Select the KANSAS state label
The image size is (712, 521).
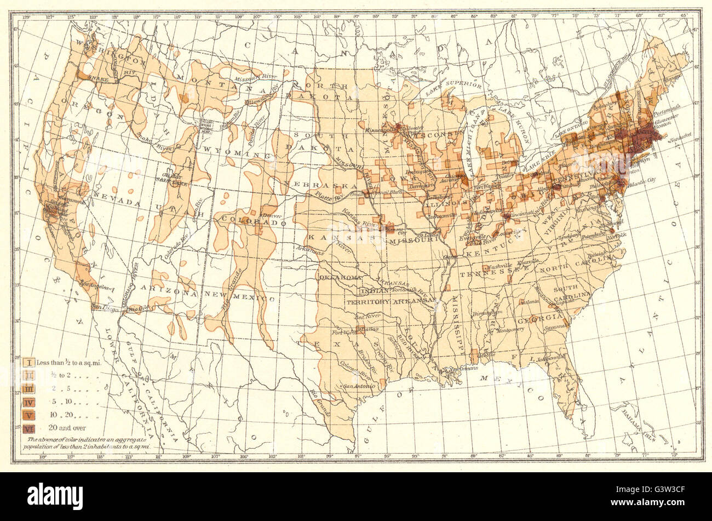[x=326, y=238]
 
